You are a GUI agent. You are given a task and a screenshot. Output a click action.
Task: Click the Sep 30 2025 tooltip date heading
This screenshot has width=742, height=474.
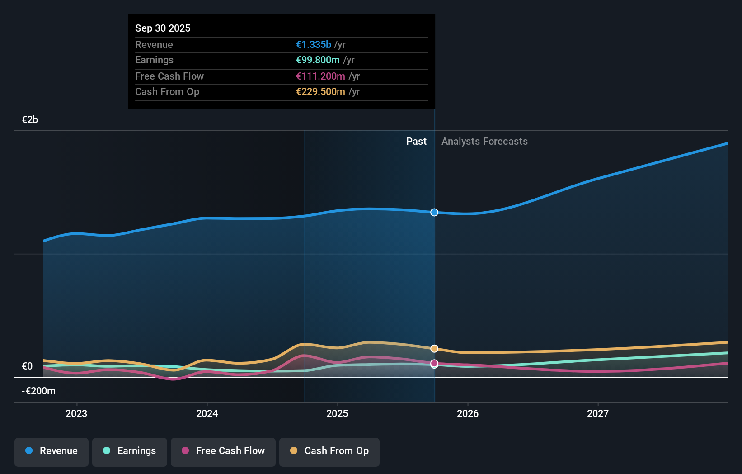click(x=163, y=28)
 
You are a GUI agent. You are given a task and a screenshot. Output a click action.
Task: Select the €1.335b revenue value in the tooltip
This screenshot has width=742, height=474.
click(x=314, y=44)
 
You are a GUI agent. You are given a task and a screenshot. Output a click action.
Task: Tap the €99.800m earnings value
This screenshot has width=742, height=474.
click(x=318, y=60)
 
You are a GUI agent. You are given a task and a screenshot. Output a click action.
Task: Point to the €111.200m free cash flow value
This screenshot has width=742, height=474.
click(x=320, y=76)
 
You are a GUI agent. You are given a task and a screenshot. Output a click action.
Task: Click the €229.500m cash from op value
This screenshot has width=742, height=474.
click(x=320, y=91)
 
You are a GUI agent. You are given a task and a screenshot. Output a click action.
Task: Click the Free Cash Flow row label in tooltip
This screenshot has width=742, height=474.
click(x=169, y=76)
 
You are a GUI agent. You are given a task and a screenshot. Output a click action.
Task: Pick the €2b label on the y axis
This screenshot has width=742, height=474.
click(x=30, y=119)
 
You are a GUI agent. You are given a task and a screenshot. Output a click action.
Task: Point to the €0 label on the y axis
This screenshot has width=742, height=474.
click(x=27, y=366)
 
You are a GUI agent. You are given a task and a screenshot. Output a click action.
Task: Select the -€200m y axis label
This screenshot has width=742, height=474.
click(x=38, y=391)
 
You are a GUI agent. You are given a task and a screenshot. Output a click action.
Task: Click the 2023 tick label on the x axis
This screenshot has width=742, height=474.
click(x=76, y=413)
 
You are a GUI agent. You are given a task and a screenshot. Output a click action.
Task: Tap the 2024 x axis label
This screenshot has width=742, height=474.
click(x=207, y=413)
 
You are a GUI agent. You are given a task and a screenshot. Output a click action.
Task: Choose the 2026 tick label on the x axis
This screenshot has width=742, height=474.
click(x=468, y=413)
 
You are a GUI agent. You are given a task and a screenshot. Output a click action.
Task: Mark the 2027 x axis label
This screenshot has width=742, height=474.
click(x=598, y=413)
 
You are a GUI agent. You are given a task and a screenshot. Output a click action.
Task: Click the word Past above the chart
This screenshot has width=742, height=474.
click(x=416, y=141)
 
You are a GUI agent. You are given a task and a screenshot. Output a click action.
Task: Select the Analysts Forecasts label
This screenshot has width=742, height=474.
click(x=484, y=141)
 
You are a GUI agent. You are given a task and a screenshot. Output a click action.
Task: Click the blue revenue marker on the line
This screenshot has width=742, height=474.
click(x=434, y=212)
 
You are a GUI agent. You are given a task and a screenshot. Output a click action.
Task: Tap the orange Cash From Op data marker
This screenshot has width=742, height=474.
click(x=434, y=348)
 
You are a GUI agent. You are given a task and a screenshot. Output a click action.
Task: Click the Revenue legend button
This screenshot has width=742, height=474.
click(x=52, y=451)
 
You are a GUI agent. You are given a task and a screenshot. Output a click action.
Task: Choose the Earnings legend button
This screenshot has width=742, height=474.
click(x=130, y=451)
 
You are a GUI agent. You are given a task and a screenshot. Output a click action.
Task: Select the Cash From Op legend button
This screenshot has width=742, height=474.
click(x=329, y=451)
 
